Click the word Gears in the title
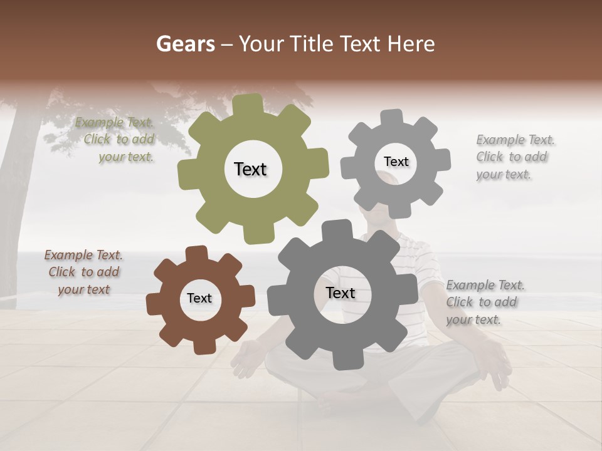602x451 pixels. pyautogui.click(x=185, y=44)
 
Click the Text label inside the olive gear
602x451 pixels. pyautogui.click(x=250, y=169)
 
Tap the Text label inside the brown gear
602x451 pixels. pyautogui.click(x=199, y=299)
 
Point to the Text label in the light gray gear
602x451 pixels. pyautogui.click(x=396, y=162)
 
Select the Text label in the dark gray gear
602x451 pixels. pyautogui.click(x=341, y=293)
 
